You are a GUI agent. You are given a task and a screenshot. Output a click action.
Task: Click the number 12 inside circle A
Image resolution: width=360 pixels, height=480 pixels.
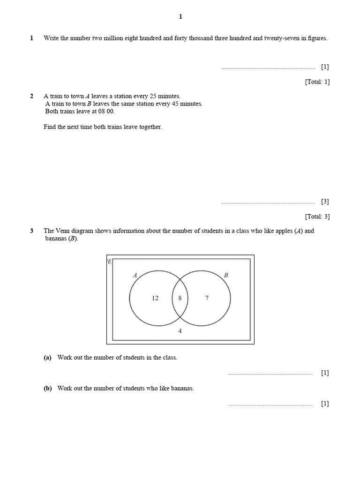point(155,298)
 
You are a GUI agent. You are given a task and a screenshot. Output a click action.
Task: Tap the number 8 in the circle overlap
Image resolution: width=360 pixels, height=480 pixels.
point(180,298)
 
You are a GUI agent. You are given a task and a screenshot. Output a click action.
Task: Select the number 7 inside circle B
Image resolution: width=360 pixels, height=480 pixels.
point(207,298)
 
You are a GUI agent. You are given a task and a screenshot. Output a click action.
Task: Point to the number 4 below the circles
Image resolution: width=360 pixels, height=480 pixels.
point(180,331)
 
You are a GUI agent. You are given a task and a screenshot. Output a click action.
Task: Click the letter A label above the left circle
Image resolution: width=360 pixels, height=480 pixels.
point(135,275)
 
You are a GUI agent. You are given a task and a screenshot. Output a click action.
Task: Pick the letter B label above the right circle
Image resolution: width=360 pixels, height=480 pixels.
point(226,275)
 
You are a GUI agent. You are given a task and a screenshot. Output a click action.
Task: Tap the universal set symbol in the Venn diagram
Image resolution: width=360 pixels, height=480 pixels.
point(110,262)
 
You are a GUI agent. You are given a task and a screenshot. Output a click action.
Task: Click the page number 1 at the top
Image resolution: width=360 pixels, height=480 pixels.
point(180,17)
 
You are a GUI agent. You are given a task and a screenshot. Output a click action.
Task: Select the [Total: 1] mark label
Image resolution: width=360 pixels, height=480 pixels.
point(317,82)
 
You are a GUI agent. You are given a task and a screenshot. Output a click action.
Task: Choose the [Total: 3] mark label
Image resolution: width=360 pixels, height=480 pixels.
point(317,217)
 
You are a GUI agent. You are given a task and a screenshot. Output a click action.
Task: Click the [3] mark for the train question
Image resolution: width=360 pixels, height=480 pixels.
point(325,202)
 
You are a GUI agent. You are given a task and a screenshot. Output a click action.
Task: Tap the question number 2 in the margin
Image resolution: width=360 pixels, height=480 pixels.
point(32,96)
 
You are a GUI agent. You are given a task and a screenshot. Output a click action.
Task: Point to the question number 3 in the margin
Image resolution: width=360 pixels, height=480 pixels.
point(32,231)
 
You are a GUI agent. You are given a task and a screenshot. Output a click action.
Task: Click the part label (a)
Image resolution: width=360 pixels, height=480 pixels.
point(47,357)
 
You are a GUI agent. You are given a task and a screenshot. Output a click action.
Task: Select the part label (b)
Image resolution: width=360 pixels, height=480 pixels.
point(47,388)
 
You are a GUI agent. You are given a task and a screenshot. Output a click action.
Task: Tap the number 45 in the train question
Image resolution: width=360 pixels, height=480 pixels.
point(176,104)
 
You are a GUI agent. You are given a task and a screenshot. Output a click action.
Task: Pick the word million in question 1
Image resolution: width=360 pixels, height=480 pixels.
point(107,38)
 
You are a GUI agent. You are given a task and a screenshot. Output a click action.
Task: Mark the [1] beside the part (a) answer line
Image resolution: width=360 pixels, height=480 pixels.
point(325,373)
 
